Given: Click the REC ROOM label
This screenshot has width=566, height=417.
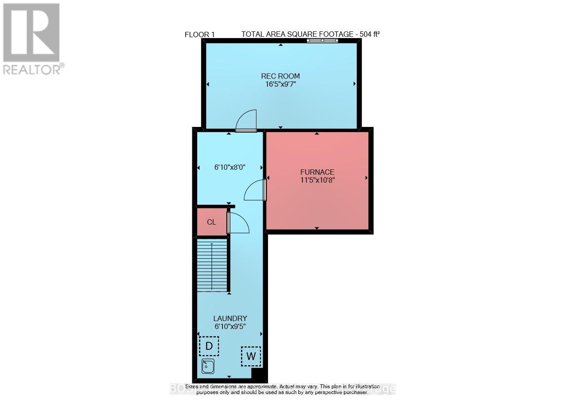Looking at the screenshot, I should click(x=280, y=76).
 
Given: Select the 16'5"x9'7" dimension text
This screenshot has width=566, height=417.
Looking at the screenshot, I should click(x=280, y=84).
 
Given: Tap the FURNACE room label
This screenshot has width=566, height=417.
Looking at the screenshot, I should click(x=317, y=172).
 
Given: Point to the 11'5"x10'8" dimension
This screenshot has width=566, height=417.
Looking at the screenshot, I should click(x=317, y=180).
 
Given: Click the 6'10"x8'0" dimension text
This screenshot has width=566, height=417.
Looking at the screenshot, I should click(x=229, y=168).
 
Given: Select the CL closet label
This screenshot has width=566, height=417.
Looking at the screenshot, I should click(x=211, y=222).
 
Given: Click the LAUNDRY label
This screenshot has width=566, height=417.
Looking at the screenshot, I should click(x=230, y=318).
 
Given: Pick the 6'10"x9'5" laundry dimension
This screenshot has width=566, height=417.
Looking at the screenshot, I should click(x=230, y=326).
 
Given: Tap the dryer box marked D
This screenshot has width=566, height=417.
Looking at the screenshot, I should click(x=209, y=346).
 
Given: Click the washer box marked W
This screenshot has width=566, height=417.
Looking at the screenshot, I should click(x=251, y=356).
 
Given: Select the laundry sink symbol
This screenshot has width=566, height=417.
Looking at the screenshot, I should click(x=208, y=366).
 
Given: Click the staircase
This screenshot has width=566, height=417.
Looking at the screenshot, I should click(x=212, y=265).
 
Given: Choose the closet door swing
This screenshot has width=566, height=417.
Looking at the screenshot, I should click(x=238, y=223).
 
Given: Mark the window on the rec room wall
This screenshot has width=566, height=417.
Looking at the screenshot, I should click(x=323, y=41).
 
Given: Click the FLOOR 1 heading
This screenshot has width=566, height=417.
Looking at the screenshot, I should click(x=199, y=34).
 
